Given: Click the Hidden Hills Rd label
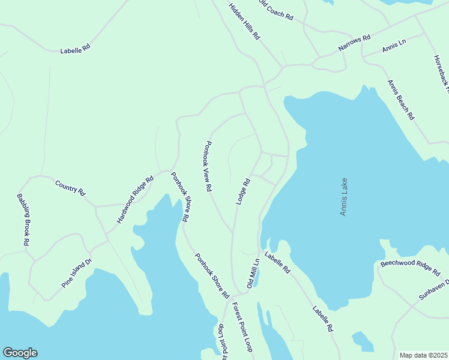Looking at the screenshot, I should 244,22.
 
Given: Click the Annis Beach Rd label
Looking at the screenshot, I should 401,100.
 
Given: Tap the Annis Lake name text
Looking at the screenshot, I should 344,196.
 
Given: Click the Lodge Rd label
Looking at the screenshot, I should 243,192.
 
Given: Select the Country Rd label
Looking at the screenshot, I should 70,187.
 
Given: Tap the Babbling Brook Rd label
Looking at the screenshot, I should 23,220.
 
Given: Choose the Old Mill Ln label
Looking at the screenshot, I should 252,272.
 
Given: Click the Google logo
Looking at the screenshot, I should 20,353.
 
